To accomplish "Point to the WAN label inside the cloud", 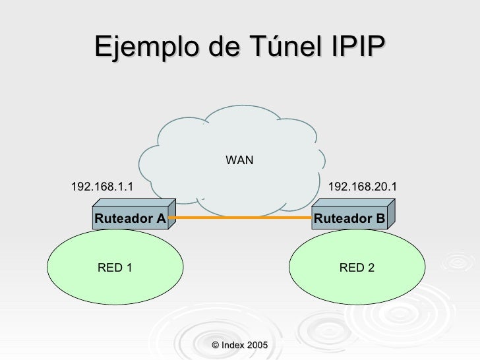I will [239, 160].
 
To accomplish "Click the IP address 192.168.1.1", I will [102, 187].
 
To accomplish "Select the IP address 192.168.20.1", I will [362, 187].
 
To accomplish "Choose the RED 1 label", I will [115, 267].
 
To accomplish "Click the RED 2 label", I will [357, 267].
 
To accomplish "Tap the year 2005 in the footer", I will [257, 345].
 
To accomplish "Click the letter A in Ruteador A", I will [160, 218].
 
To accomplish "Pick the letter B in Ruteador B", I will [380, 218].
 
